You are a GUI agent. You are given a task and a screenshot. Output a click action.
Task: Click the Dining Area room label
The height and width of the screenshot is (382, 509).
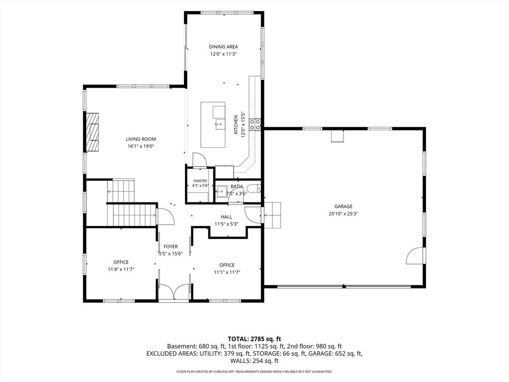point(223,47)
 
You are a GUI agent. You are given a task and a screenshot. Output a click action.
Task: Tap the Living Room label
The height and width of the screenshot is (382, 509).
point(141,139)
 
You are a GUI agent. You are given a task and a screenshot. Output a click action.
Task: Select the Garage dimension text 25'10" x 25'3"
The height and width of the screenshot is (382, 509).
point(343,214)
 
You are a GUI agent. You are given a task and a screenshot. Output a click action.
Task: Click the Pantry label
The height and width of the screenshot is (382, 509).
point(200,181)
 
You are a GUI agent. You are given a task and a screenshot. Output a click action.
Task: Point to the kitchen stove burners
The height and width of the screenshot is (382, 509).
point(255,124)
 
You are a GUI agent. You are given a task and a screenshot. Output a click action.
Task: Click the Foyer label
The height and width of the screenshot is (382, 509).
point(170,247)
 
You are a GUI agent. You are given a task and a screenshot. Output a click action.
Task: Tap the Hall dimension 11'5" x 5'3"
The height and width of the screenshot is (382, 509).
point(227,224)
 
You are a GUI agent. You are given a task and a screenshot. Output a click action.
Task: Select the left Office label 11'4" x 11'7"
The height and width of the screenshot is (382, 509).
point(121,269)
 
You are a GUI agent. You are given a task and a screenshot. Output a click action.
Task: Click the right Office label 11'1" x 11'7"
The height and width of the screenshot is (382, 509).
point(227,272)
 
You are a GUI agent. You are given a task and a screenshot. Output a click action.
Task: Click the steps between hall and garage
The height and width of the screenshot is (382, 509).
point(272,215)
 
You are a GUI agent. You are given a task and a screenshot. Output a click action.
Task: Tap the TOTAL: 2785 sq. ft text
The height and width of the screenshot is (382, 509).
point(254,339)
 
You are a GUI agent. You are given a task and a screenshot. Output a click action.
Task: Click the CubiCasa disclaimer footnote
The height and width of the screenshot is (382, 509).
point(254,371)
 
